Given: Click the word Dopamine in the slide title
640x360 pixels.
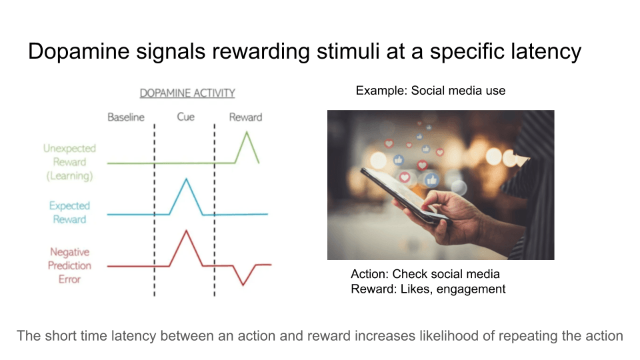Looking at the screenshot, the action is pyautogui.click(x=79, y=52).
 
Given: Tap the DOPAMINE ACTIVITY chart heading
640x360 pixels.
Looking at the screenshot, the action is pyautogui.click(x=187, y=93).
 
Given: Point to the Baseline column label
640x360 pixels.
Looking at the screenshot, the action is pyautogui.click(x=126, y=117).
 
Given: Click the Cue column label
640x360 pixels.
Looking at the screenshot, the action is pyautogui.click(x=186, y=117).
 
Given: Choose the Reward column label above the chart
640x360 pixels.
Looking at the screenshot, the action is pyautogui.click(x=245, y=117).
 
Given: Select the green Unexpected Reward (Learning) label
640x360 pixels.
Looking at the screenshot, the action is pyautogui.click(x=70, y=162).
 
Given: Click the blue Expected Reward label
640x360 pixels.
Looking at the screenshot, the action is pyautogui.click(x=70, y=212).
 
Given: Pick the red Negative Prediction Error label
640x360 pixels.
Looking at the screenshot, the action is pyautogui.click(x=70, y=266).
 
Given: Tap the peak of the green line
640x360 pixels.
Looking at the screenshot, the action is pyautogui.click(x=247, y=132).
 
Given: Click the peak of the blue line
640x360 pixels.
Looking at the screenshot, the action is pyautogui.click(x=186, y=179).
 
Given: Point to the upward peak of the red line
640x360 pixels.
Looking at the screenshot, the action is pyautogui.click(x=186, y=231).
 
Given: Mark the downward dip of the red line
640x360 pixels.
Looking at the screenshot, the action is pyautogui.click(x=243, y=285).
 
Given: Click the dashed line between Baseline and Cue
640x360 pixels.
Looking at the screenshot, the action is pyautogui.click(x=154, y=210).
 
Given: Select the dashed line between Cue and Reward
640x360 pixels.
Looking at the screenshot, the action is pyautogui.click(x=214, y=210).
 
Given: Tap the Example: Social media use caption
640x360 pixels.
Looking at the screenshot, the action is pyautogui.click(x=431, y=91).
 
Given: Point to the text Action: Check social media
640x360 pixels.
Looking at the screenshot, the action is pyautogui.click(x=425, y=274).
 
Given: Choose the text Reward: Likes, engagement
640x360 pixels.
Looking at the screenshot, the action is pyautogui.click(x=428, y=289).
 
